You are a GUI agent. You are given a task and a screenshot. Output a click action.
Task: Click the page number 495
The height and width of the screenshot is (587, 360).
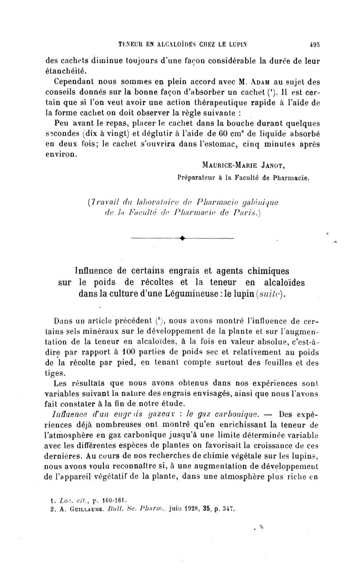(310, 45)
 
